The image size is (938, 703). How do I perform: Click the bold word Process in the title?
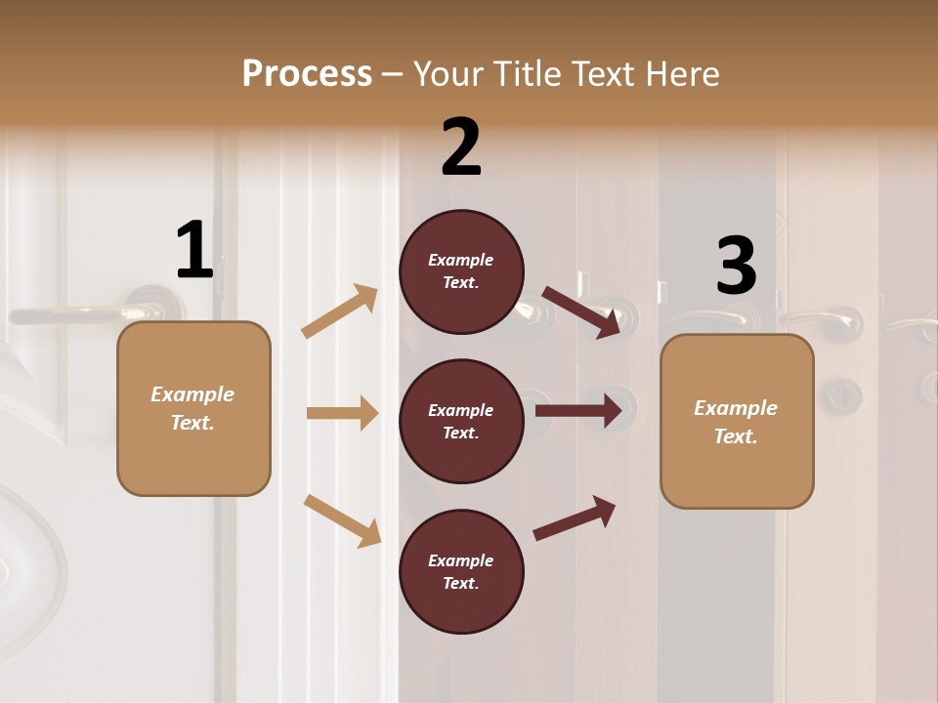(307, 73)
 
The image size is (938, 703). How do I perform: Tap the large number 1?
(194, 250)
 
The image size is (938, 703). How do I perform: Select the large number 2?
(461, 147)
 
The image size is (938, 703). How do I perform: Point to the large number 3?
(736, 266)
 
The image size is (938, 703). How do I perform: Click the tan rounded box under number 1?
(193, 408)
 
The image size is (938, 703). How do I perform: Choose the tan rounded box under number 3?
(737, 421)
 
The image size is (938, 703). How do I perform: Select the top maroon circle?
(461, 271)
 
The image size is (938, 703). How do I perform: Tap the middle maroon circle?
(461, 421)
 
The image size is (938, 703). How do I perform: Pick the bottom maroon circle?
(461, 571)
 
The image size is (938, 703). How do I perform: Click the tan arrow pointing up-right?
(340, 311)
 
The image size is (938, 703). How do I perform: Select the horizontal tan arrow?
(342, 413)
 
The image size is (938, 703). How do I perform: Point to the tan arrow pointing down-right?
(342, 520)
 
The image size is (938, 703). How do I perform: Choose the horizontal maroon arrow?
(578, 411)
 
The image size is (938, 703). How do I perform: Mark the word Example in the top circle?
(461, 260)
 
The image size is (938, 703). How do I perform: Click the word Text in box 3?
(735, 436)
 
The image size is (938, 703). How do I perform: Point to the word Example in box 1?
(192, 394)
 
